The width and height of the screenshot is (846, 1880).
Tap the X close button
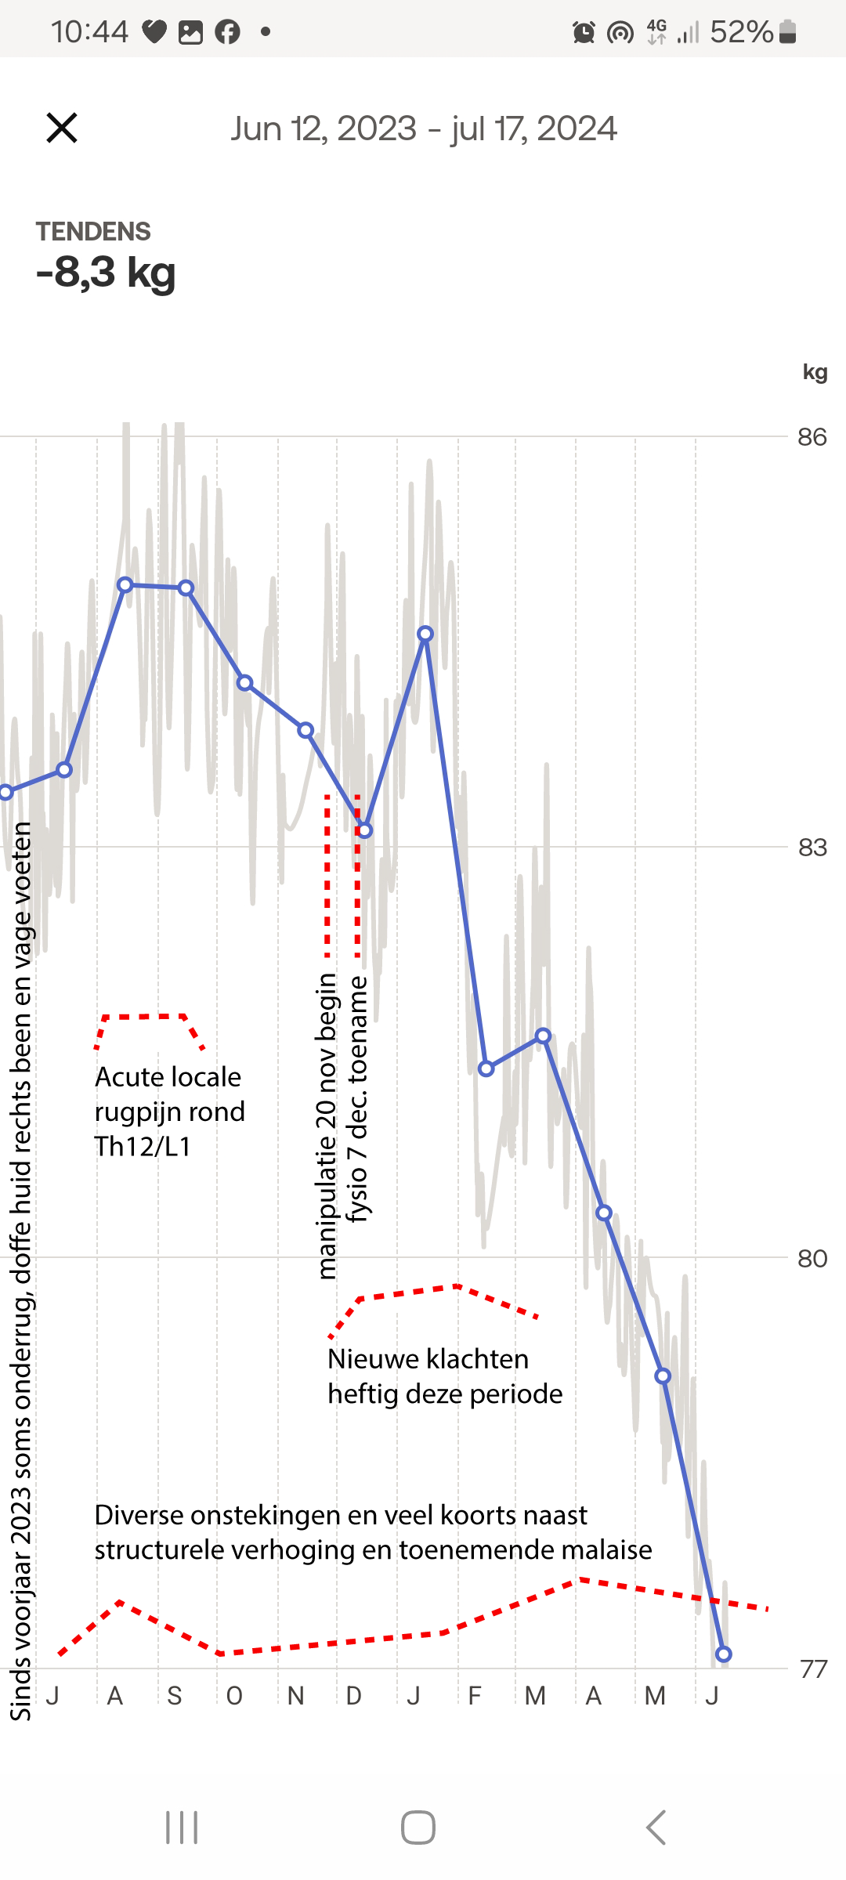pyautogui.click(x=62, y=128)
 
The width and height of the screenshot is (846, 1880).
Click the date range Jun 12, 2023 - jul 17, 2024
pyautogui.click(x=424, y=128)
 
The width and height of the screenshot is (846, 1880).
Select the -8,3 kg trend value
pyautogui.click(x=106, y=273)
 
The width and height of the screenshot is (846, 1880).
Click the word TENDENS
pyautogui.click(x=93, y=232)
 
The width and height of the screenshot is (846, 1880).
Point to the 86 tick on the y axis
pyautogui.click(x=812, y=437)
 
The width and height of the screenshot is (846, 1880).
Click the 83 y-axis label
pyautogui.click(x=812, y=848)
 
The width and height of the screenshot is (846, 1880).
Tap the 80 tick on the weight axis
pyautogui.click(x=812, y=1258)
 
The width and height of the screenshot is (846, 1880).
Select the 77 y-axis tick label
pyautogui.click(x=813, y=1668)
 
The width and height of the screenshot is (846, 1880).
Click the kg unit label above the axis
pyautogui.click(x=815, y=372)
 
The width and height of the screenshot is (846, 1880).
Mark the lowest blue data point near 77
pyautogui.click(x=724, y=1654)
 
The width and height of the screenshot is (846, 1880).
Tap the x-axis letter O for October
pyautogui.click(x=234, y=1696)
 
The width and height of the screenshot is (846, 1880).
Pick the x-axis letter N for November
pyautogui.click(x=295, y=1696)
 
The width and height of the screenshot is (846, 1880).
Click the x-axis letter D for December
pyautogui.click(x=354, y=1696)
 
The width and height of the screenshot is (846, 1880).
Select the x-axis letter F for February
pyautogui.click(x=474, y=1696)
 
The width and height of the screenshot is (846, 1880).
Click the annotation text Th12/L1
pyautogui.click(x=143, y=1147)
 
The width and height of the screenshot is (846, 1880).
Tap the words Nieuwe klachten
pyautogui.click(x=428, y=1359)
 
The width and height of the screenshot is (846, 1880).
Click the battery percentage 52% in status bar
pyautogui.click(x=741, y=32)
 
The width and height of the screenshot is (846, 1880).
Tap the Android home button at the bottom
pyautogui.click(x=418, y=1828)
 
